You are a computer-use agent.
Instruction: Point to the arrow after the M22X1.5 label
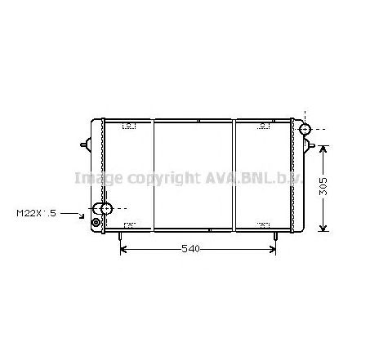click(76, 216)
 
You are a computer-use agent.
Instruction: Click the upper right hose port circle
click(305, 130)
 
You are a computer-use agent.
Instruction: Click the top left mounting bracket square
click(128, 125)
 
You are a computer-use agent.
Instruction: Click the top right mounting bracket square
click(262, 125)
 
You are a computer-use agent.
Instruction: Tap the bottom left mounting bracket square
click(128, 224)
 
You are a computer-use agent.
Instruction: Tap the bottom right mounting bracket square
click(262, 224)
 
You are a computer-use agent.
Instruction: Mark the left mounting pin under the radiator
click(120, 237)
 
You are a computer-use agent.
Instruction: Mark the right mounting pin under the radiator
click(275, 237)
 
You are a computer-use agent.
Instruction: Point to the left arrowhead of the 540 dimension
click(123, 248)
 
